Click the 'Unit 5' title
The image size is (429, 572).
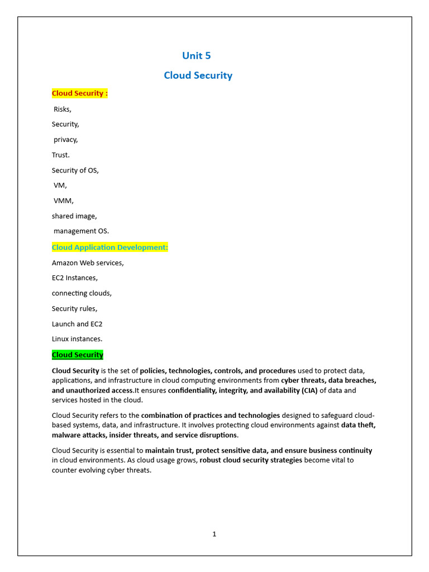tap(197, 55)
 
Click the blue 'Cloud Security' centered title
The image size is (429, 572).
tap(198, 75)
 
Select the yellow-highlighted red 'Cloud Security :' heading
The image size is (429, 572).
tap(79, 93)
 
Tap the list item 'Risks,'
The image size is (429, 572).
tap(63, 109)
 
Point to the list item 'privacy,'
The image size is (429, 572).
tap(65, 140)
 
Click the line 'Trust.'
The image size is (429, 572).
tap(61, 155)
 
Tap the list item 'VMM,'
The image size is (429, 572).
tap(64, 201)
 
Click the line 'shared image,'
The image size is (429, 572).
tap(74, 216)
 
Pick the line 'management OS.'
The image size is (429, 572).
tap(82, 231)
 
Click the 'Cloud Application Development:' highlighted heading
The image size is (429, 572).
tap(110, 247)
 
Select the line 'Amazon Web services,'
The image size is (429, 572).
tap(88, 263)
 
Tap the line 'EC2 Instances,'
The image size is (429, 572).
tap(75, 278)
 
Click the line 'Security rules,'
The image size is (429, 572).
tap(74, 308)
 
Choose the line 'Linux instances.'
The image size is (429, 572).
tap(77, 339)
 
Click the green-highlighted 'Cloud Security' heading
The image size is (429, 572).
tap(78, 355)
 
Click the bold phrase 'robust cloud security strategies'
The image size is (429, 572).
tap(251, 460)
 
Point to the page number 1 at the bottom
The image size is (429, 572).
tap(214, 534)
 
